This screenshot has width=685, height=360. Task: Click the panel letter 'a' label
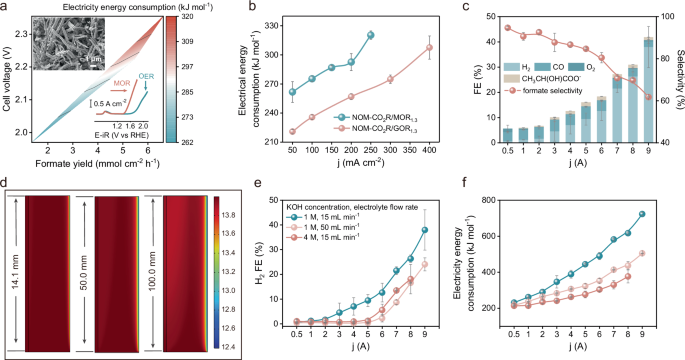[8, 8]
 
